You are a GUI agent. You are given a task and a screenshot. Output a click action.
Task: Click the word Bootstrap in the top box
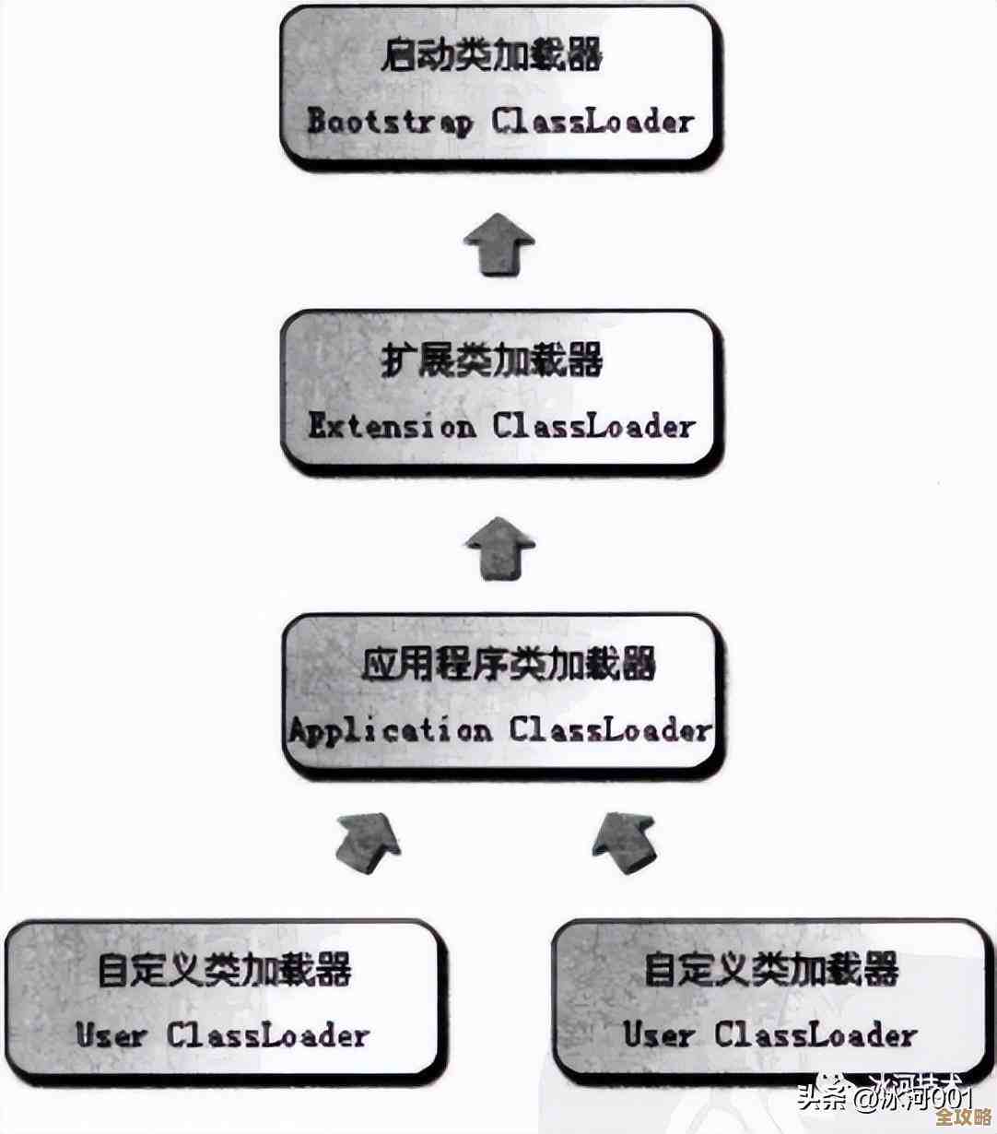pos(389,122)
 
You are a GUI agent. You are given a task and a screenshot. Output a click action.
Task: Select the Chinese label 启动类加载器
pos(492,56)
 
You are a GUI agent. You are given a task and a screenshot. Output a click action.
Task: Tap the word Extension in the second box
pos(392,426)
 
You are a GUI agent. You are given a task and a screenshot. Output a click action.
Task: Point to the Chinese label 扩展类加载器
pos(492,360)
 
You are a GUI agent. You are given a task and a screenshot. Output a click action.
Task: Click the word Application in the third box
pos(390,731)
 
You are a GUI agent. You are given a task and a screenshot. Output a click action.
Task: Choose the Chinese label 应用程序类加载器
pos(508,664)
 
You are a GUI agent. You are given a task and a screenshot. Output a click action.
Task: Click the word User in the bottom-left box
pos(111,1034)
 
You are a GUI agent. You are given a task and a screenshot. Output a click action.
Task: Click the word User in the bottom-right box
pos(658,1034)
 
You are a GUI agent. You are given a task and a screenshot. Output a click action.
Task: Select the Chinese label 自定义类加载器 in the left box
pos(224,971)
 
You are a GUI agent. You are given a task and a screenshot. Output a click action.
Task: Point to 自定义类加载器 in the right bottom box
pos(770,970)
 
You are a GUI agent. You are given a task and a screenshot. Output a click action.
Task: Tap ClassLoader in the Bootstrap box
pos(592,122)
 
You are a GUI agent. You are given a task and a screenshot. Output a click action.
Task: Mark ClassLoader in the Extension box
pos(592,426)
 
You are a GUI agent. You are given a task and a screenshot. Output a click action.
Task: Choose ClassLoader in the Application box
pos(611,731)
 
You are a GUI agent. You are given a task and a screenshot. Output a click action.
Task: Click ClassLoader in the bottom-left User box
pos(268,1034)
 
